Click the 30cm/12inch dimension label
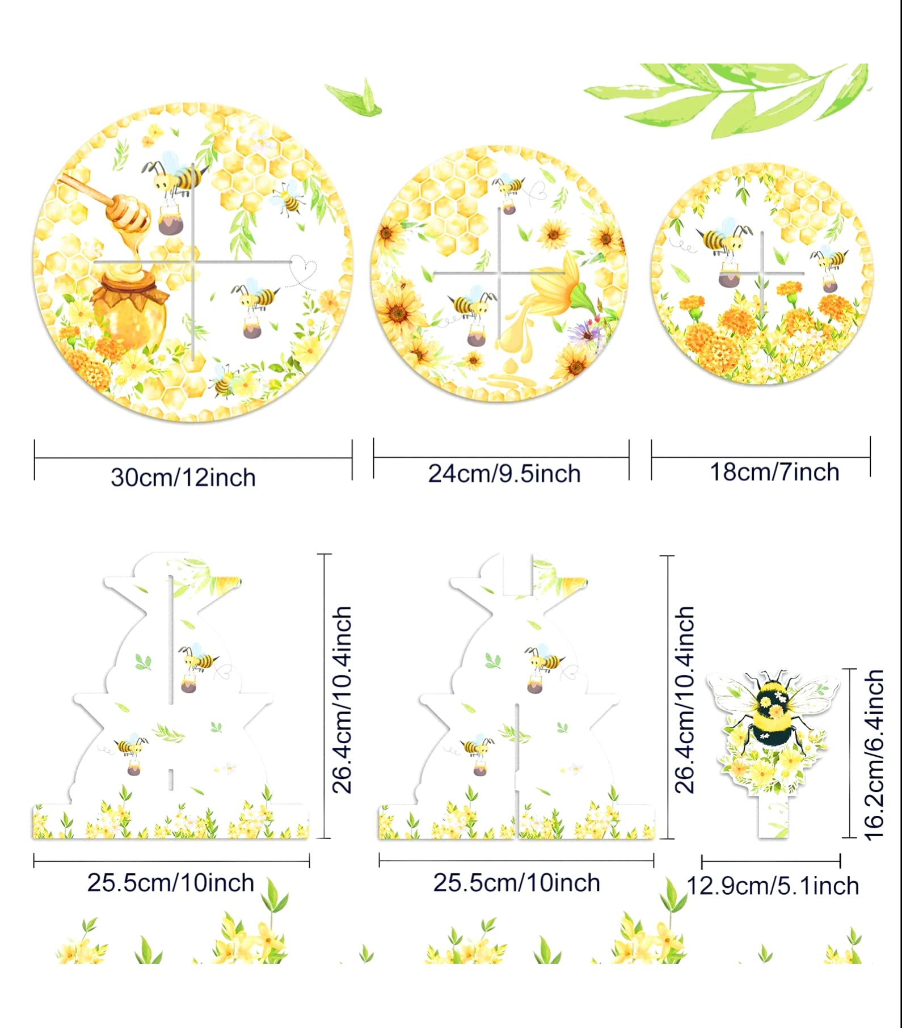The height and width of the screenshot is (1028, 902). tap(183, 478)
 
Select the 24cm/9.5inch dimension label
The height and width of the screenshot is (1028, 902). tap(504, 474)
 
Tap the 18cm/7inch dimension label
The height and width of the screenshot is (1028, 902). tap(774, 472)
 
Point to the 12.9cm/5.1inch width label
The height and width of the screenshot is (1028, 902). tap(773, 886)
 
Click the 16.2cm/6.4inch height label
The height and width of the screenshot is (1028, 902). tap(875, 755)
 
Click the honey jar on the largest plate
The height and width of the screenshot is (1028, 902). tap(129, 309)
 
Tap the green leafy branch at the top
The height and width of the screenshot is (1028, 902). tap(732, 96)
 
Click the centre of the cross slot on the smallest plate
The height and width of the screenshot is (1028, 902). tap(762, 273)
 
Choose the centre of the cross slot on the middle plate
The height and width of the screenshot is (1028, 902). tap(499, 273)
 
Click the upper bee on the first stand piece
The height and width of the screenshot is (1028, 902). tap(197, 660)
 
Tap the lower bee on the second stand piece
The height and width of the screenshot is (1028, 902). tap(477, 748)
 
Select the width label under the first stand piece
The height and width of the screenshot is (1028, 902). tap(171, 883)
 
